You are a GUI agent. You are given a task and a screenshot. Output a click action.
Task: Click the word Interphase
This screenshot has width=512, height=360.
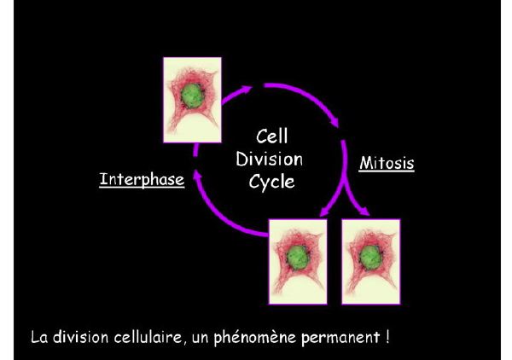[142, 180]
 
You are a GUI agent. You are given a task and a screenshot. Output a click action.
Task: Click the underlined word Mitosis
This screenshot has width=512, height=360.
[387, 161]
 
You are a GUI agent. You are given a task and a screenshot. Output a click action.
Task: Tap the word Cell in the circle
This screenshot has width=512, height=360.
[272, 136]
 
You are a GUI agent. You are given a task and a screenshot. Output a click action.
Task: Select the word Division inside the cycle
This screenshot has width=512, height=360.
[273, 160]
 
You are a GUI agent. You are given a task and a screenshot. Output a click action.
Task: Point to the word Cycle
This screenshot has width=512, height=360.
[272, 183]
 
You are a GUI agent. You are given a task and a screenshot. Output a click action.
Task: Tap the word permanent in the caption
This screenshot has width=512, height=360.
[345, 335]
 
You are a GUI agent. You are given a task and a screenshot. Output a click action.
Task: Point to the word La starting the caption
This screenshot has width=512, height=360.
[40, 335]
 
